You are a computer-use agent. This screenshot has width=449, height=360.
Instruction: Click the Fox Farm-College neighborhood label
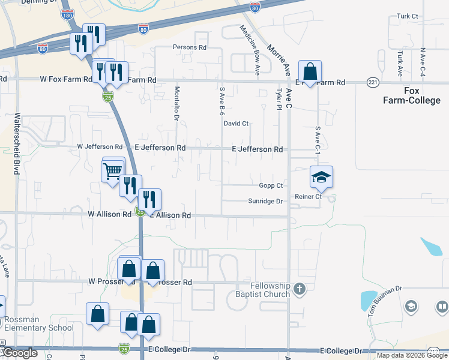[411, 95]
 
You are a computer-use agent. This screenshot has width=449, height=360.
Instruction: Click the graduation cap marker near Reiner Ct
[321, 177]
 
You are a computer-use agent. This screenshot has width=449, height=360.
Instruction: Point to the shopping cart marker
[113, 170]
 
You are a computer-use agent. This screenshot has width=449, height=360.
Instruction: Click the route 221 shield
[373, 82]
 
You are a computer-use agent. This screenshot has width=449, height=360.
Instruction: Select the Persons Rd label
[189, 47]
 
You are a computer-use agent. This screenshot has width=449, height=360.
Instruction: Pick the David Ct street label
[236, 124]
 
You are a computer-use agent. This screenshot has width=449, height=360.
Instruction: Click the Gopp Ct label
[271, 185]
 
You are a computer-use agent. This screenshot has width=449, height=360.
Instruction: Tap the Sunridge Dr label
[265, 202]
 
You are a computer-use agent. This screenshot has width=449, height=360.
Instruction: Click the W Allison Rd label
[109, 214]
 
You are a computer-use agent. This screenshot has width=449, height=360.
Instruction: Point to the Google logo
[20, 353]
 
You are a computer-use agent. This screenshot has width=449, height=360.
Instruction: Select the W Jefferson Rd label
[100, 147]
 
